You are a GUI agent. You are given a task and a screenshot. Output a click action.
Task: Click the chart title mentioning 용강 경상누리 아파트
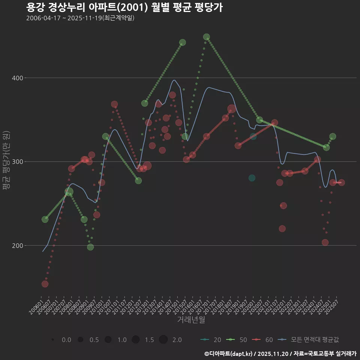coord(124,7)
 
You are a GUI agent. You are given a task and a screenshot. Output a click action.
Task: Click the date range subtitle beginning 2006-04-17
coord(80,18)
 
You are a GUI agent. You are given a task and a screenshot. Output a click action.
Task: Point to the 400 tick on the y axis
coord(18,78)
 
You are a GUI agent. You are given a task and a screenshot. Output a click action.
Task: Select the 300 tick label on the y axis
coord(18,162)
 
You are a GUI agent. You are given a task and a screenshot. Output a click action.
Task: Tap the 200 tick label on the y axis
coord(18,246)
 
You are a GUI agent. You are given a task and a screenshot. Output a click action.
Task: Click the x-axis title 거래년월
coord(191,320)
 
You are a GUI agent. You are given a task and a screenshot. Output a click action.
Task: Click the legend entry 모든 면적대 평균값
coord(309,340)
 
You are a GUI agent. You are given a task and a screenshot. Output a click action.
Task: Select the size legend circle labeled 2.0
coord(163,340)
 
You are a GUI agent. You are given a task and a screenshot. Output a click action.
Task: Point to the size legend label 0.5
coord(94,340)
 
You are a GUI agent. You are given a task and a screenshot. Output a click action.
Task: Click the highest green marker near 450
coord(206,37)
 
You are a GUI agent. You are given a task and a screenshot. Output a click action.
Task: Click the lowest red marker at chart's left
coord(45,284)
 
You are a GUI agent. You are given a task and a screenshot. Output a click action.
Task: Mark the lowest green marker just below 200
coord(90,247)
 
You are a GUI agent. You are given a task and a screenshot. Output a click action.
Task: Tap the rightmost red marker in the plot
coord(341,182)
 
